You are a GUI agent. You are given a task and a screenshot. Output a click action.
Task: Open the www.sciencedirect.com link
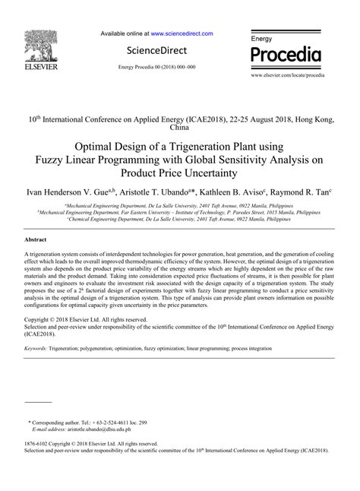tap(182, 34)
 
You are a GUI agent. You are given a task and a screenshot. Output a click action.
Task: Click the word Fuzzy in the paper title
tap(52, 160)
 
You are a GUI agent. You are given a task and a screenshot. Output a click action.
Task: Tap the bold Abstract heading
tap(38, 239)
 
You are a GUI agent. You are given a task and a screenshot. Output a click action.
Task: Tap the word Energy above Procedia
tap(262, 38)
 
